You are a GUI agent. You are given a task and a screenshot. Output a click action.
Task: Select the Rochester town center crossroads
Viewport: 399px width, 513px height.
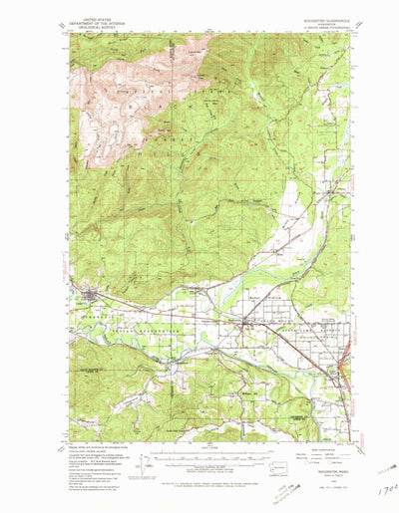pyautogui.click(x=246, y=321)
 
